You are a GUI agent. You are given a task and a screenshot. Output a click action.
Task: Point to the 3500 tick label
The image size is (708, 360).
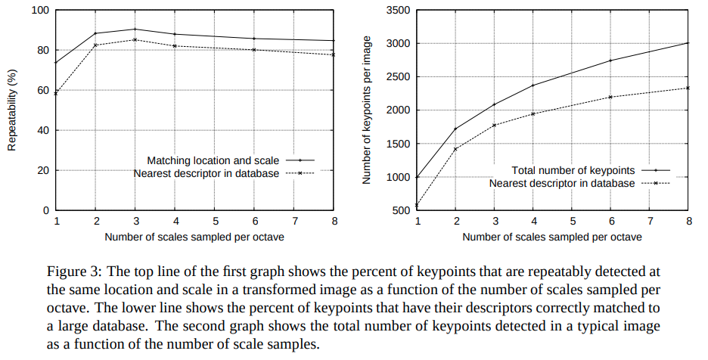pos(397,11)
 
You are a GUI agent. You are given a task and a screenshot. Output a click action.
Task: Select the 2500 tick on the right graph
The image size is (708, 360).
pos(397,77)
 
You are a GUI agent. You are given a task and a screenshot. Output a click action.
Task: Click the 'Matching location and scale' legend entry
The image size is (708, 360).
pos(213,160)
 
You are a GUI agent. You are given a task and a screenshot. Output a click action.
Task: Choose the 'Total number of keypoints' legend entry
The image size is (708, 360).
pos(573,170)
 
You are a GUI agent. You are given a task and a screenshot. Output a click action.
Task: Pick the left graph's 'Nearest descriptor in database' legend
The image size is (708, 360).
pos(206,173)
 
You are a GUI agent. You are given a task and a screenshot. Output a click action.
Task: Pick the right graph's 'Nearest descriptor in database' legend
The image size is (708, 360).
pos(561,183)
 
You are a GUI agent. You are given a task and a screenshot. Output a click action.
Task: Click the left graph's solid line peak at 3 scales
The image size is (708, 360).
pos(135,29)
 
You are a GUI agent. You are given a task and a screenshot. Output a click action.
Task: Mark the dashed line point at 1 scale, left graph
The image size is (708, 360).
pos(56,93)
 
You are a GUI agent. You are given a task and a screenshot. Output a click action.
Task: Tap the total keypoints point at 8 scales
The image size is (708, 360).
pos(688,42)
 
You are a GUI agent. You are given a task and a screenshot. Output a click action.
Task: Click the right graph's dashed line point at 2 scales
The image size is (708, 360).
pos(455,149)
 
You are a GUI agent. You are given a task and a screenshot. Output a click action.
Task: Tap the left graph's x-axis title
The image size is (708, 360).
pos(194,237)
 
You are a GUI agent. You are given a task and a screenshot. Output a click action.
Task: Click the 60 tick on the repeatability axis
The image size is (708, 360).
pos(43,91)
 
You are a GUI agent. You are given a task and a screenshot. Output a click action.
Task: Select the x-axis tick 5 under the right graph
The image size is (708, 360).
pos(571,221)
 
